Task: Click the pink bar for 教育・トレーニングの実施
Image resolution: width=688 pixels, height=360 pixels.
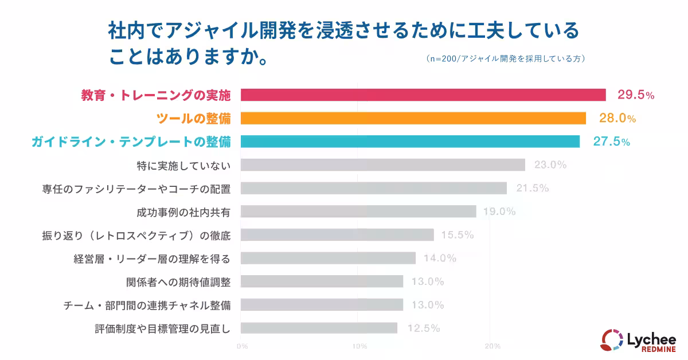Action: pyautogui.click(x=423, y=95)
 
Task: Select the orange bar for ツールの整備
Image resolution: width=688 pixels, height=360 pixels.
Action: pyautogui.click(x=413, y=118)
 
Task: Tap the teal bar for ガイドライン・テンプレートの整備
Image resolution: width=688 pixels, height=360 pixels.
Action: pyautogui.click(x=410, y=142)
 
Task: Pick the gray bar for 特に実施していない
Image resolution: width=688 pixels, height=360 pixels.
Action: pyautogui.click(x=383, y=165)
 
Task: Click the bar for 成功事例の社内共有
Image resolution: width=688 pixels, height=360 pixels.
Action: pyautogui.click(x=358, y=212)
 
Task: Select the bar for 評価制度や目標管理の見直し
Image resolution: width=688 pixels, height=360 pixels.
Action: pyautogui.click(x=319, y=328)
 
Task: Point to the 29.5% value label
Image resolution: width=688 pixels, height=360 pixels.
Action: pyautogui.click(x=635, y=95)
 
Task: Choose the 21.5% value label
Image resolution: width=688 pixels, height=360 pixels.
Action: pyautogui.click(x=533, y=188)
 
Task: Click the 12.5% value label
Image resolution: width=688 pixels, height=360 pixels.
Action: pyautogui.click(x=424, y=328)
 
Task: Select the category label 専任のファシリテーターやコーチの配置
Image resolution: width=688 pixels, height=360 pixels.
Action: pyautogui.click(x=136, y=188)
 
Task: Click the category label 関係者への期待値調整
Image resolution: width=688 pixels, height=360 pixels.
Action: pyautogui.click(x=178, y=281)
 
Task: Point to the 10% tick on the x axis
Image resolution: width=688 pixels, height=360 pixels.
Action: pyautogui.click(x=359, y=346)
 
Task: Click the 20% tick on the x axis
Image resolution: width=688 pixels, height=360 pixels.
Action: pyautogui.click(x=492, y=346)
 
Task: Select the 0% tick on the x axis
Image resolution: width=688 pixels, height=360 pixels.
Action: pyautogui.click(x=242, y=346)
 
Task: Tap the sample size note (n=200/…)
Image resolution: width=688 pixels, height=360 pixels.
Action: pyautogui.click(x=505, y=58)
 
